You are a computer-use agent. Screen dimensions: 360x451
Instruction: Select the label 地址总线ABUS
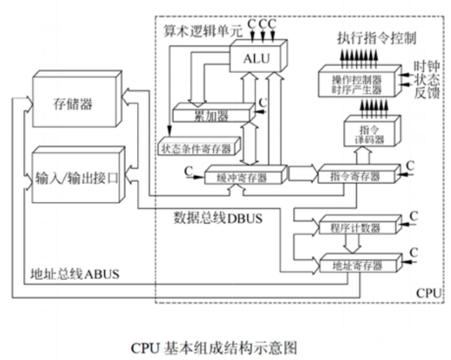tap(75, 274)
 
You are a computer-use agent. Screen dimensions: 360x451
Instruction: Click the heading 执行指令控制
tap(377, 38)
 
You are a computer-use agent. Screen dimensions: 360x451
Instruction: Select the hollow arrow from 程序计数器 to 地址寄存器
tap(352, 244)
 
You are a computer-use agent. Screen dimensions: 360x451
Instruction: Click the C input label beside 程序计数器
tap(414, 216)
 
